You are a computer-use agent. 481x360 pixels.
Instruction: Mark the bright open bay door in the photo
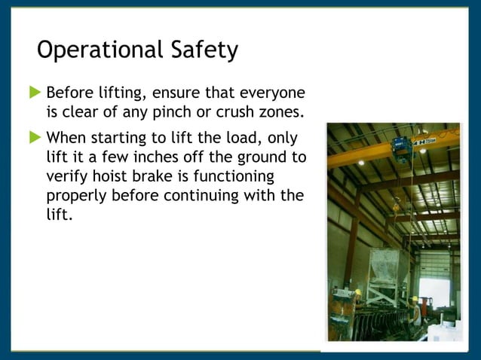pos(435,294)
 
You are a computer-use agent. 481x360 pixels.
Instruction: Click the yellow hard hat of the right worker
pos(414,298)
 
